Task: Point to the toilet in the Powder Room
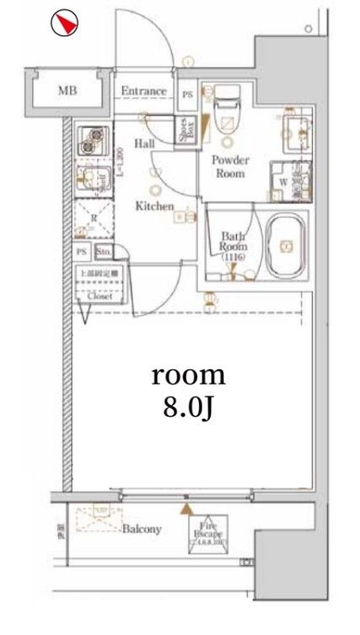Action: point(226,114)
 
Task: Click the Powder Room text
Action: point(228,167)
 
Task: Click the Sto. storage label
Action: point(104,252)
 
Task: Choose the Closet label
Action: point(99,296)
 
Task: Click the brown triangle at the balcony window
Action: point(185,509)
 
